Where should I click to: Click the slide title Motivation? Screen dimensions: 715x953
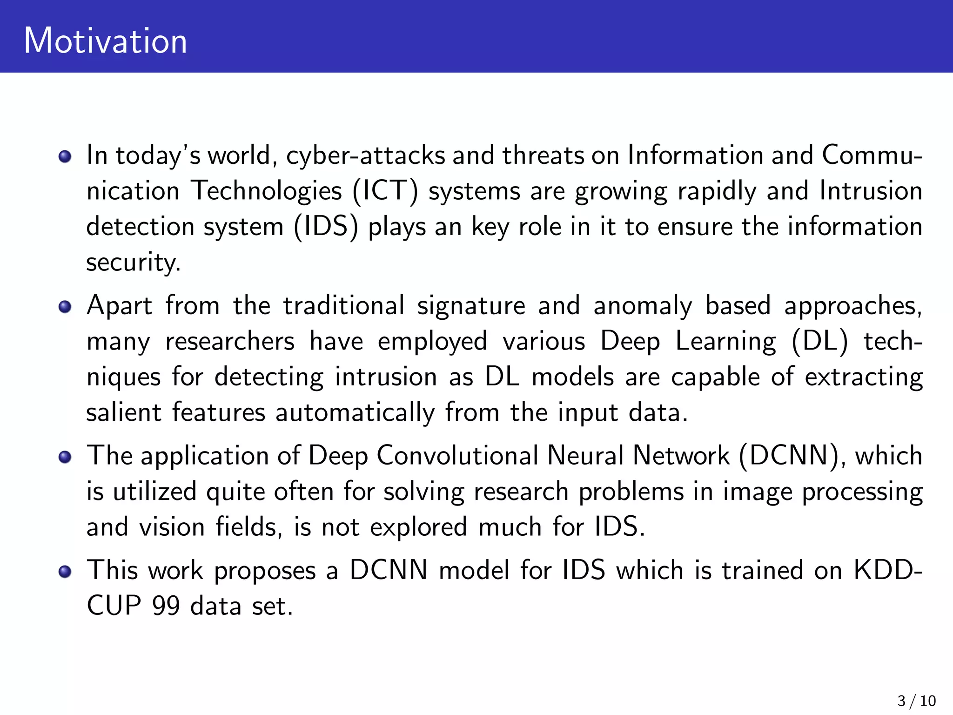click(x=105, y=41)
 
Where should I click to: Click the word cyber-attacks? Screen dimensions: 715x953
click(x=366, y=155)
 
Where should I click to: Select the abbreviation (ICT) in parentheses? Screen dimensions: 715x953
click(x=385, y=191)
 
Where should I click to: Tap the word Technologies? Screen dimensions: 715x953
click(x=267, y=191)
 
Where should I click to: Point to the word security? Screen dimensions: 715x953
click(x=133, y=263)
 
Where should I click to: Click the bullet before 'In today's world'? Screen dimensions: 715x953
click(x=65, y=156)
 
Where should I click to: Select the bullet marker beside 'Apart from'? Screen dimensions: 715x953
click(x=65, y=307)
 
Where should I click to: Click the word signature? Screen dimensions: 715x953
click(x=471, y=306)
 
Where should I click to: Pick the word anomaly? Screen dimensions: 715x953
click(x=643, y=306)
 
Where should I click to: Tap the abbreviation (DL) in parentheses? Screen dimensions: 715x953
click(x=819, y=342)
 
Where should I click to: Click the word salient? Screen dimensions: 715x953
click(x=124, y=412)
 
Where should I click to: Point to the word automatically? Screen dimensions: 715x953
click(x=355, y=412)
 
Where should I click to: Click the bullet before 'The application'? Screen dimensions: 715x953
click(x=65, y=457)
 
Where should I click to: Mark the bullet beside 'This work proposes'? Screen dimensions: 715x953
click(x=65, y=571)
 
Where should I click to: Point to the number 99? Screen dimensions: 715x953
click(x=166, y=606)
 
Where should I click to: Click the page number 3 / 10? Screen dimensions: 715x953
click(x=916, y=701)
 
